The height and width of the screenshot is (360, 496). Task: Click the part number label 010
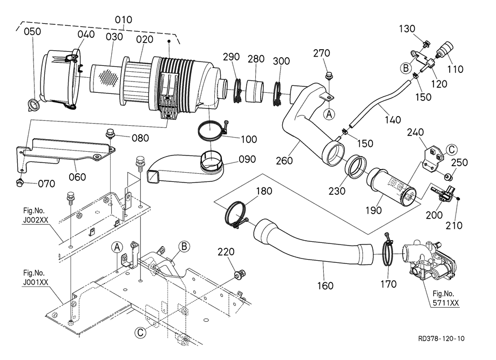click(x=124, y=19)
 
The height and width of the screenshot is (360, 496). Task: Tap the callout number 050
click(x=32, y=31)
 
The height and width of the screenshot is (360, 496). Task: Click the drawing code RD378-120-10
click(x=441, y=339)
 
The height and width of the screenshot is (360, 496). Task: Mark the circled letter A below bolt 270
click(x=329, y=114)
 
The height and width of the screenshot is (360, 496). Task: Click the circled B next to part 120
click(x=405, y=67)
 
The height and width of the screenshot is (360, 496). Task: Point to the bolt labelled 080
click(x=111, y=133)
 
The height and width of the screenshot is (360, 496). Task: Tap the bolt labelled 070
click(x=21, y=182)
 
